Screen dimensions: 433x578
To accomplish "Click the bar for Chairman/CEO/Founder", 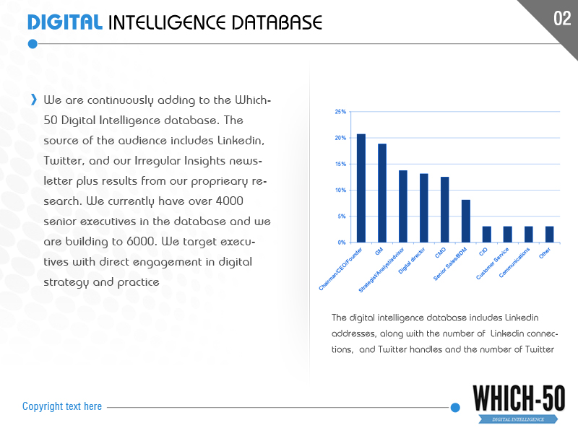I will (361, 188).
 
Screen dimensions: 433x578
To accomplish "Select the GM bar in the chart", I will (382, 193).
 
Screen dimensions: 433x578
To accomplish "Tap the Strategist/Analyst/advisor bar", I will (403, 206).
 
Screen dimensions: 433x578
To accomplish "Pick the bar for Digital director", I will (424, 208).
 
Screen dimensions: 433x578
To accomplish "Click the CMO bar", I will (445, 210).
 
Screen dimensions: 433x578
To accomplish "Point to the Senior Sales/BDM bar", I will (466, 221).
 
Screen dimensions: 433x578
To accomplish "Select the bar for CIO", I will (487, 235).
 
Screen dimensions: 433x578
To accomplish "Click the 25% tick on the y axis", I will (340, 112).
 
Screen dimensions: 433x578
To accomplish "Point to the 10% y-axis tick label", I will (340, 191).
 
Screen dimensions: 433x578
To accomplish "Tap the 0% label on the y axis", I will (342, 242).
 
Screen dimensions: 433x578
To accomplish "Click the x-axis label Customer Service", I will (493, 263).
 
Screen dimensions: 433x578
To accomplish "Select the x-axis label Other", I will (545, 253).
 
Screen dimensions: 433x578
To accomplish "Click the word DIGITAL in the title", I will (64, 22).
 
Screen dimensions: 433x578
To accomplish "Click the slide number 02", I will (562, 18).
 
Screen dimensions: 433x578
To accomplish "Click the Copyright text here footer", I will (62, 406).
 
